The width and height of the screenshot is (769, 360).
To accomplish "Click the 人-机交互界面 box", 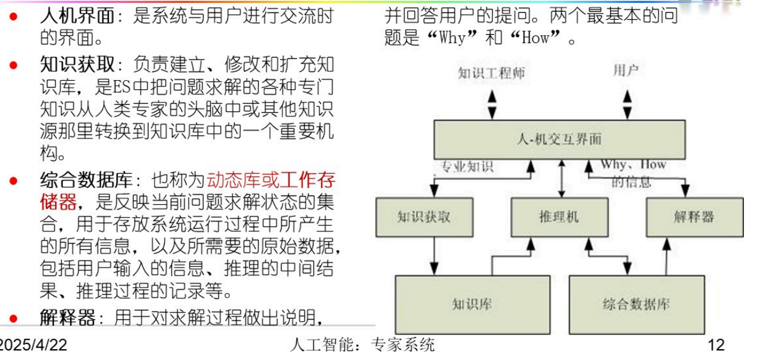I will (559, 140).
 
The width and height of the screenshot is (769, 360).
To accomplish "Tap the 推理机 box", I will (559, 216).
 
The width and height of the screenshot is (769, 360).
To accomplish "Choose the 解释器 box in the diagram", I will (694, 216).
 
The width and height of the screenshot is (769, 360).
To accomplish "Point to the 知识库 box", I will (473, 304).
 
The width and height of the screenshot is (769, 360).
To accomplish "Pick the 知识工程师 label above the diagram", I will (492, 73).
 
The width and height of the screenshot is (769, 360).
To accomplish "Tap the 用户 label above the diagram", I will (626, 71).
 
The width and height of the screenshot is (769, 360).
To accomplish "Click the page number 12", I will (716, 345).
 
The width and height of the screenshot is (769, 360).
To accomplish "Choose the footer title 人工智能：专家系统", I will (362, 345).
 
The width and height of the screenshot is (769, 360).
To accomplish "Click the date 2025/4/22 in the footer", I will (33, 345).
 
